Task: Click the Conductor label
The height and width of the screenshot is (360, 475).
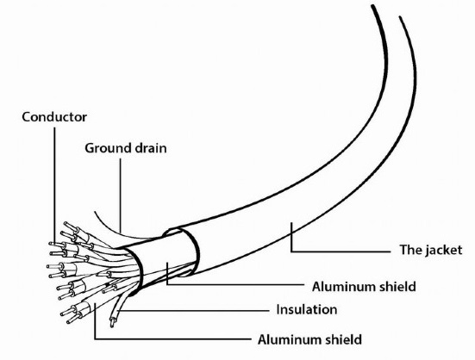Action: click(x=54, y=117)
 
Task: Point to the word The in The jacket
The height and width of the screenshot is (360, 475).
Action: click(x=410, y=250)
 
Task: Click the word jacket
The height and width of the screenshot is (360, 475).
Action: click(x=444, y=251)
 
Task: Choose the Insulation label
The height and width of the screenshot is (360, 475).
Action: click(x=307, y=309)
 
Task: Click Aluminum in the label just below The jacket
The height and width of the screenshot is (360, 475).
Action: click(x=344, y=287)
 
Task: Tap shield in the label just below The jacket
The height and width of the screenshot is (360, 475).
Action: click(x=397, y=287)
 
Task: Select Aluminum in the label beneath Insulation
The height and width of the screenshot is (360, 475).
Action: click(x=290, y=339)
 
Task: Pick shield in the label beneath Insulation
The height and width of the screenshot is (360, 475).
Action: click(x=343, y=339)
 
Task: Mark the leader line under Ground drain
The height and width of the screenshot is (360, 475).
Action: click(x=121, y=196)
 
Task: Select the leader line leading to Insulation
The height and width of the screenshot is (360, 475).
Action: click(x=193, y=310)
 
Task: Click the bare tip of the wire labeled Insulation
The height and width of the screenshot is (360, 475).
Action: click(x=112, y=323)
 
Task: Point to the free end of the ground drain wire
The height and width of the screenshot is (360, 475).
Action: click(x=95, y=212)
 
